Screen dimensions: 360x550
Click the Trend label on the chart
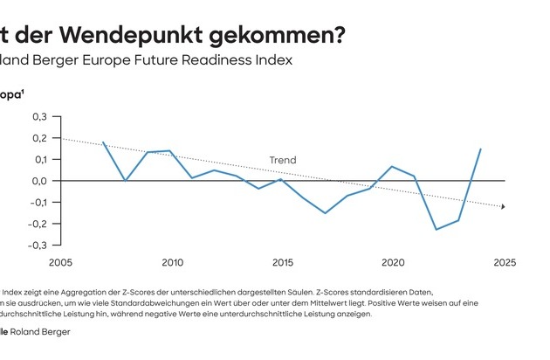tap(282, 160)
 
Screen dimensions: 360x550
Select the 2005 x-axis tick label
tap(61, 262)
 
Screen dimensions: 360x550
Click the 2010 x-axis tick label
tap(172, 262)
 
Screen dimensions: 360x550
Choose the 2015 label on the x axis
tap(283, 262)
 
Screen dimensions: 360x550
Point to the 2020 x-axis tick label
tap(393, 262)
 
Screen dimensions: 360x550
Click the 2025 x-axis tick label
tap(504, 262)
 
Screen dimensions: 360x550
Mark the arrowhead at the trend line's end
tap(502, 207)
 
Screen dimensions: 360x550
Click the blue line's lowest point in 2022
tap(437, 230)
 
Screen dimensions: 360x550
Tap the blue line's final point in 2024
tap(481, 149)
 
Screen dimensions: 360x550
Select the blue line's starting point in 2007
tap(104, 142)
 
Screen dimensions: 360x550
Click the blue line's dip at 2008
tap(126, 181)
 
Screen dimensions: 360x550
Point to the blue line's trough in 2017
tap(326, 213)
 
